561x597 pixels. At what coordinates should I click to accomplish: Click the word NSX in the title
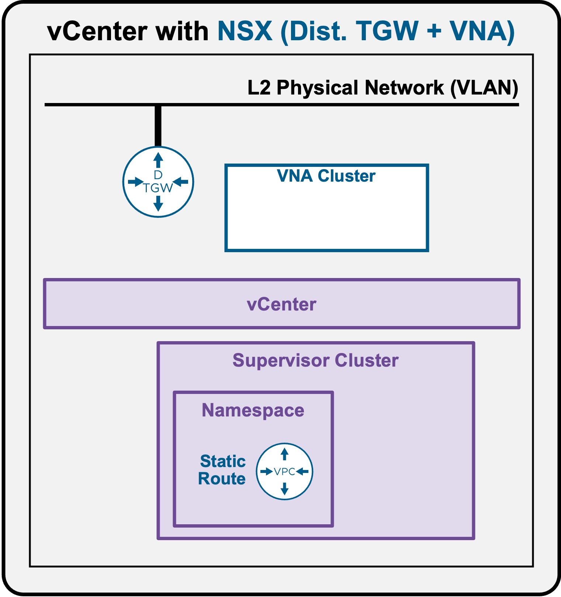[245, 31]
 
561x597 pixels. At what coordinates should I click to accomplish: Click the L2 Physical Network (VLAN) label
[383, 88]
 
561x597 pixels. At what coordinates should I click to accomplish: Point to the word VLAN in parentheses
[484, 88]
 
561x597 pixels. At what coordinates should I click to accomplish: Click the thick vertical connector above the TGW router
[158, 126]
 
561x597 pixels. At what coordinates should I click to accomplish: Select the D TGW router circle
[158, 182]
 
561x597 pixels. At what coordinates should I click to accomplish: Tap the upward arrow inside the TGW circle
[158, 161]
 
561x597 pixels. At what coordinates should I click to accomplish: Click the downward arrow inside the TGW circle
[158, 203]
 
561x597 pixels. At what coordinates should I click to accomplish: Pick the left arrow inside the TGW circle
[135, 182]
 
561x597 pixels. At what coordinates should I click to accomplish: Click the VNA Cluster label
[326, 176]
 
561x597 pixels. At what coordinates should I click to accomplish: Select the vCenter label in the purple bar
[281, 305]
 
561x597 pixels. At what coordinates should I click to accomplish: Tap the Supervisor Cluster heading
[315, 360]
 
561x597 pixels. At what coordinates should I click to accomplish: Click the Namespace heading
[253, 411]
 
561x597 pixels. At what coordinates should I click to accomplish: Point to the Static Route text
[222, 470]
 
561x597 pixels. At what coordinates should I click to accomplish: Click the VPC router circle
[284, 471]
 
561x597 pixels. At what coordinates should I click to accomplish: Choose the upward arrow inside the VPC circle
[284, 454]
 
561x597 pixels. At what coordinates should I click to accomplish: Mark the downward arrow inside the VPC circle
[284, 489]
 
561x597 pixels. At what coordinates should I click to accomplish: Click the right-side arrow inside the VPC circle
[302, 471]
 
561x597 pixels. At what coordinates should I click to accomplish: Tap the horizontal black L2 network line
[282, 105]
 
